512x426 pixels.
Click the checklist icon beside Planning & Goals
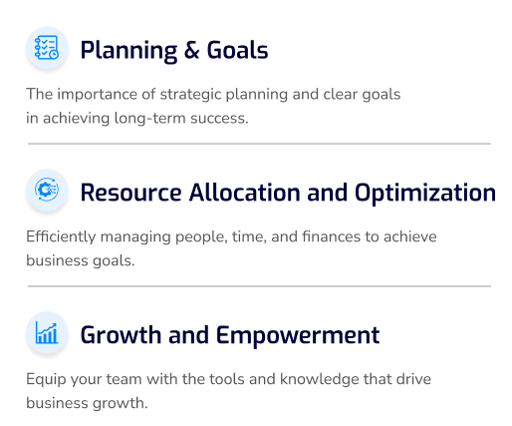click(x=47, y=48)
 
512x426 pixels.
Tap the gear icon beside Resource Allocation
click(x=47, y=190)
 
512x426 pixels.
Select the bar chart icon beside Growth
click(x=47, y=332)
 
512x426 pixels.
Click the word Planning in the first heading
click(x=128, y=51)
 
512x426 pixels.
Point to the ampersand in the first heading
click(x=191, y=50)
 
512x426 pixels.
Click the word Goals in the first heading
click(x=237, y=50)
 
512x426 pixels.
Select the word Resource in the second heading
click(x=130, y=193)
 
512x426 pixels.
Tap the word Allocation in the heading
click(x=244, y=193)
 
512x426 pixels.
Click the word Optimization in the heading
click(x=424, y=194)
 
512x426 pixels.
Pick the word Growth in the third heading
click(x=121, y=335)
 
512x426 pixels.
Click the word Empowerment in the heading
click(x=298, y=336)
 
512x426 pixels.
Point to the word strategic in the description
click(x=190, y=95)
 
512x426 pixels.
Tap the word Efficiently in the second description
click(x=61, y=237)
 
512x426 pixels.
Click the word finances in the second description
click(x=331, y=236)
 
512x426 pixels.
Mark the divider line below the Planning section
click(x=259, y=144)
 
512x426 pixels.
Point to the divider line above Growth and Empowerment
click(x=259, y=286)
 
